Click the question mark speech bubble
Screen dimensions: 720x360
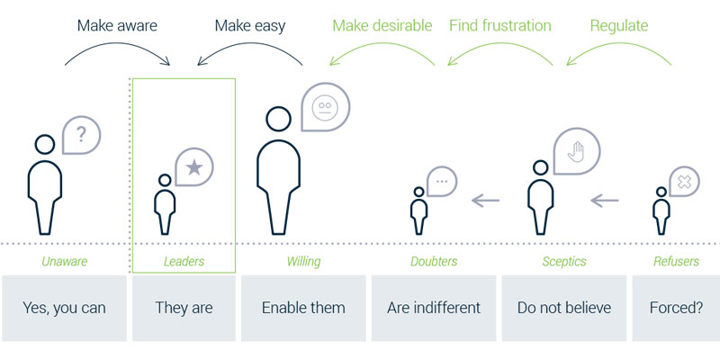pyautogui.click(x=81, y=135)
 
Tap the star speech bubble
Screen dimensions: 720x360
pyautogui.click(x=194, y=167)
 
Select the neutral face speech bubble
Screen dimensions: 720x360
pyautogui.click(x=325, y=107)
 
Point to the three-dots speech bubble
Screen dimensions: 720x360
pyautogui.click(x=442, y=182)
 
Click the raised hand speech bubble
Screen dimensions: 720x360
pyautogui.click(x=577, y=151)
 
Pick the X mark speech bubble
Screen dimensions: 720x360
pyautogui.click(x=684, y=182)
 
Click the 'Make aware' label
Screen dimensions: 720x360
pyautogui.click(x=117, y=26)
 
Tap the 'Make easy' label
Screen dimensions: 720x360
pyautogui.click(x=250, y=26)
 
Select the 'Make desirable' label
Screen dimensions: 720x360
pyautogui.click(x=382, y=26)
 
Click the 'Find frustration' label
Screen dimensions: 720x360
pyautogui.click(x=500, y=26)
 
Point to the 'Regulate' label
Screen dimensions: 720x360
pyautogui.click(x=619, y=26)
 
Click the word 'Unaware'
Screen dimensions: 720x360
pyautogui.click(x=64, y=262)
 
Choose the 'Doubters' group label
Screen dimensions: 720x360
pyautogui.click(x=434, y=262)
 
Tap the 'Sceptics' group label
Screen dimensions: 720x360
pyautogui.click(x=564, y=262)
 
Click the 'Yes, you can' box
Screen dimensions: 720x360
pyautogui.click(x=64, y=308)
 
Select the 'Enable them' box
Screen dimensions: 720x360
pyautogui.click(x=303, y=308)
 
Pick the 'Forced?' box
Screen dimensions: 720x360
pyautogui.click(x=676, y=308)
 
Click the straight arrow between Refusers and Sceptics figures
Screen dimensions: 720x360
pyautogui.click(x=604, y=200)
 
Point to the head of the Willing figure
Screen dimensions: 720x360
pyautogui.click(x=278, y=119)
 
